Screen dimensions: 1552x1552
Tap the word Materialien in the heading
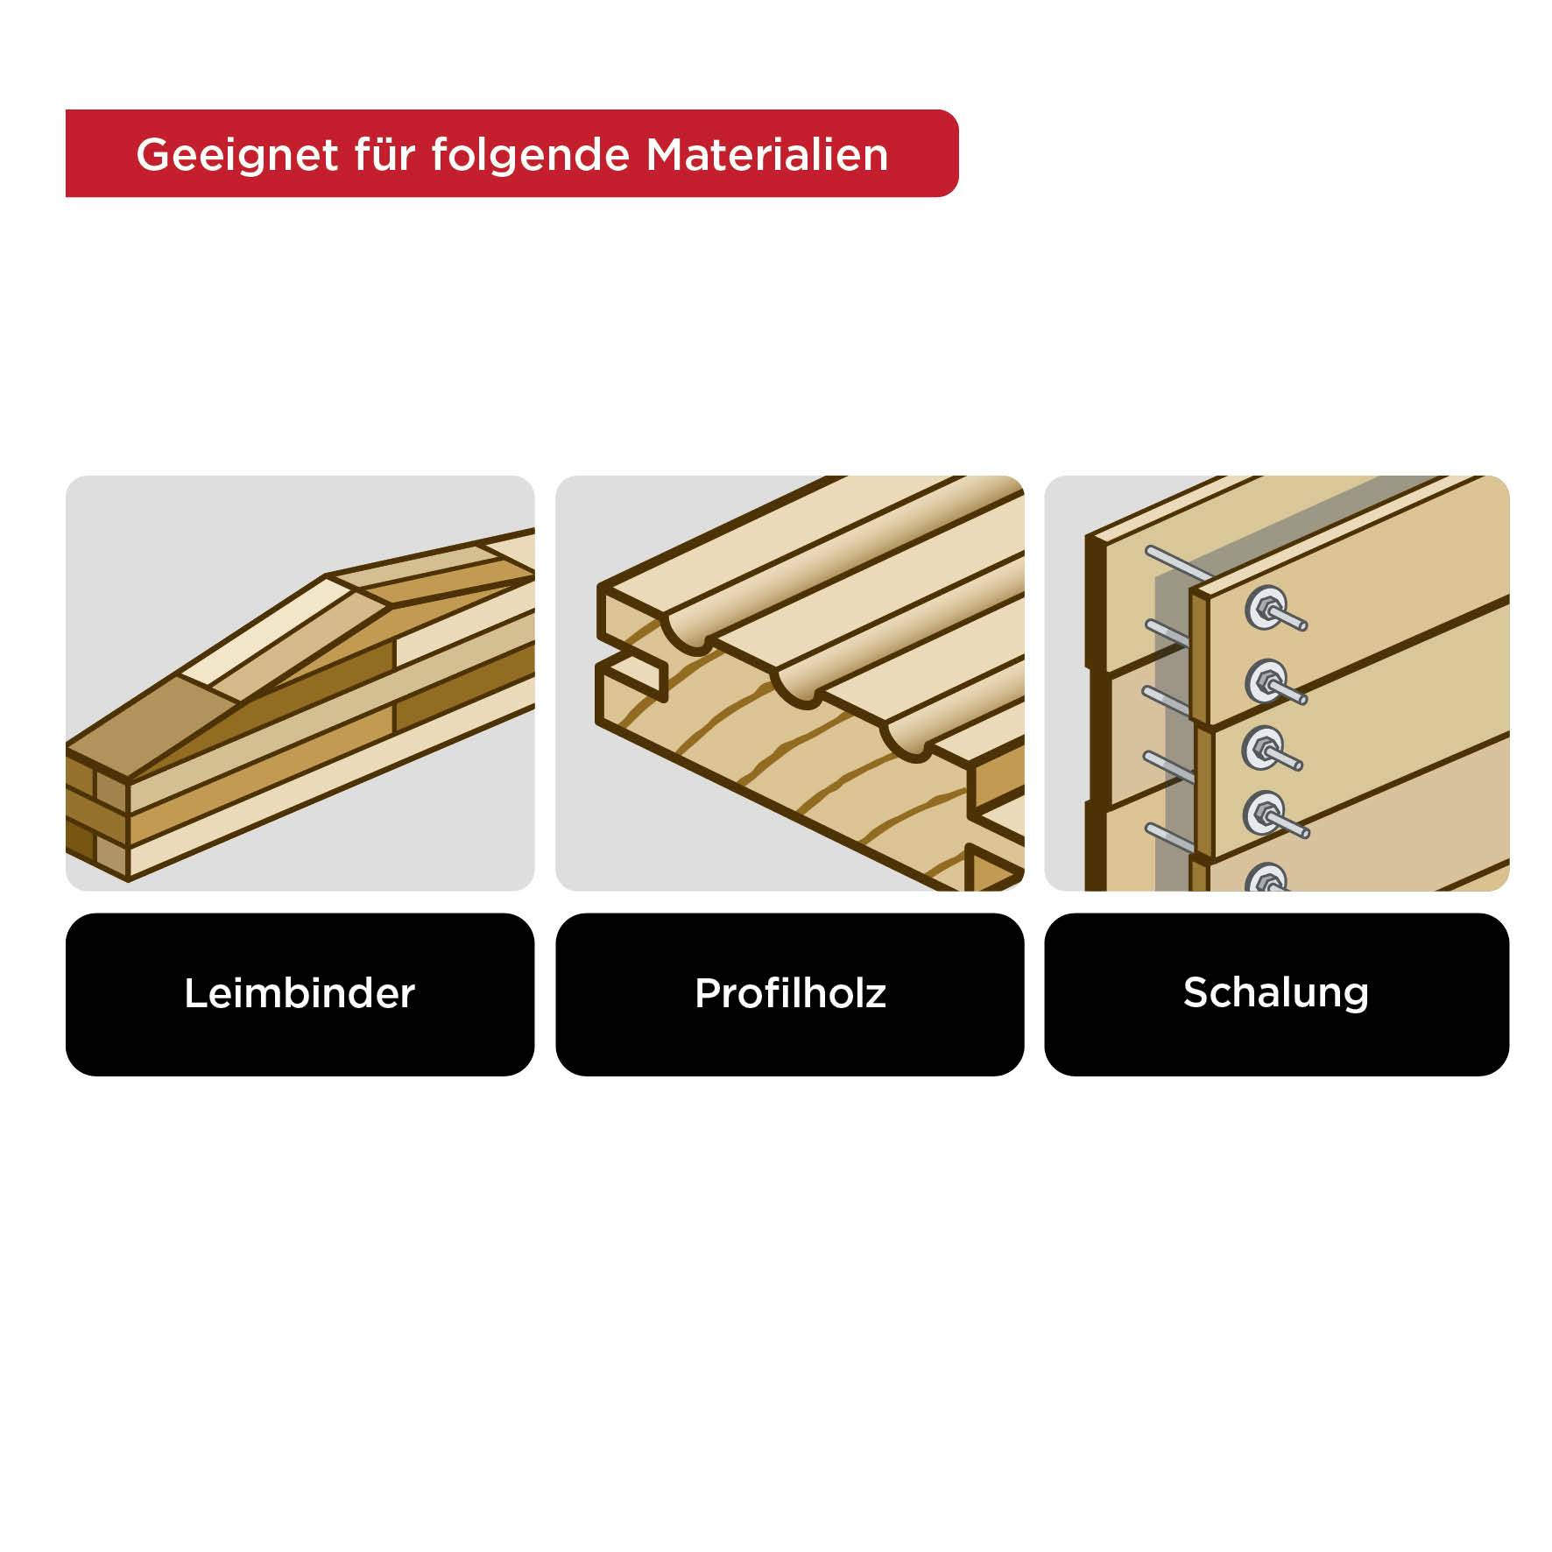pyautogui.click(x=767, y=155)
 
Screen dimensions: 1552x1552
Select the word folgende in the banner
pyautogui.click(x=530, y=155)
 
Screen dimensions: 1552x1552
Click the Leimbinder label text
pyautogui.click(x=300, y=993)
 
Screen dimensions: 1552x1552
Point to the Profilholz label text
pyautogui.click(x=790, y=993)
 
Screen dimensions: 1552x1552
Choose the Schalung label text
pyautogui.click(x=1276, y=992)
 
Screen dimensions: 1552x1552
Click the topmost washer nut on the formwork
pyautogui.click(x=1263, y=607)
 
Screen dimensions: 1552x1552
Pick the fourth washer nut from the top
pyautogui.click(x=1262, y=812)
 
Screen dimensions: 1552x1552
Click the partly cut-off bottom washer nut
pyautogui.click(x=1265, y=878)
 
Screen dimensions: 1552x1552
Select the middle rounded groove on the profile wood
pyautogui.click(x=797, y=692)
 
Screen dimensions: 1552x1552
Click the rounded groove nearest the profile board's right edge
pyautogui.click(x=907, y=744)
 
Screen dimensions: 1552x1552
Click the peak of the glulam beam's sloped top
pyautogui.click(x=328, y=575)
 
